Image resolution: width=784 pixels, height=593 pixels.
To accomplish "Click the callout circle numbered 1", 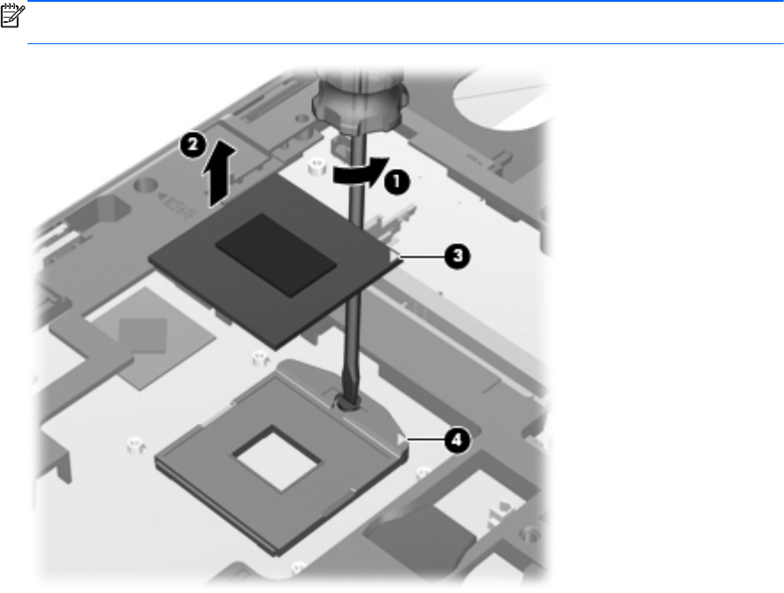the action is pos(397,181).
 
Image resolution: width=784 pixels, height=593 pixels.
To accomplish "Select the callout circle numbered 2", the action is pos(193,146).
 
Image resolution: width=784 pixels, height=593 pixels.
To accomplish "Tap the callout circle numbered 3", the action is pos(458,256).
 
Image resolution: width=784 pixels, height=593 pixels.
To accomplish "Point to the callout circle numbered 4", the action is pos(458,440).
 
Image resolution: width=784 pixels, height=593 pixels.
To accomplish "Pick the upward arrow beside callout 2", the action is pos(219,172).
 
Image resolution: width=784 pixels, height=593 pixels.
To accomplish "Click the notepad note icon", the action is pos(12,16).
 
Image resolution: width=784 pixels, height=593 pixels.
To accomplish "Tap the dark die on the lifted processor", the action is pos(276,254).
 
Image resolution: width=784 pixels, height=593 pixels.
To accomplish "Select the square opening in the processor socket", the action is pos(276,458).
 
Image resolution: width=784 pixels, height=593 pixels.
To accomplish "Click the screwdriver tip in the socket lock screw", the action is pos(346,401).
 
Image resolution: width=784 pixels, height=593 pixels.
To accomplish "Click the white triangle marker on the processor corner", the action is pos(394,256).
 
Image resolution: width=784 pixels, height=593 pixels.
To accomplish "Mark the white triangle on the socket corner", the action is pos(401,440).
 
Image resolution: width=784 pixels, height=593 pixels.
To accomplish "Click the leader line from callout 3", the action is pos(422,257).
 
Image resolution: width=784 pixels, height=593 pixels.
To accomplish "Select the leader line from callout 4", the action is pos(426,440).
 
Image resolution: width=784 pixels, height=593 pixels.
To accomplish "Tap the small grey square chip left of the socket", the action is pos(142,335).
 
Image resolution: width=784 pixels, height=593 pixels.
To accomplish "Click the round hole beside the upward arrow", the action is pos(146,186).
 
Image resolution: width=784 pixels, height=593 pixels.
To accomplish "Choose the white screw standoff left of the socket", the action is pos(134,445).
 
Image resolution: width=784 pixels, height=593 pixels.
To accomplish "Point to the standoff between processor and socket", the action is pos(259,358).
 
